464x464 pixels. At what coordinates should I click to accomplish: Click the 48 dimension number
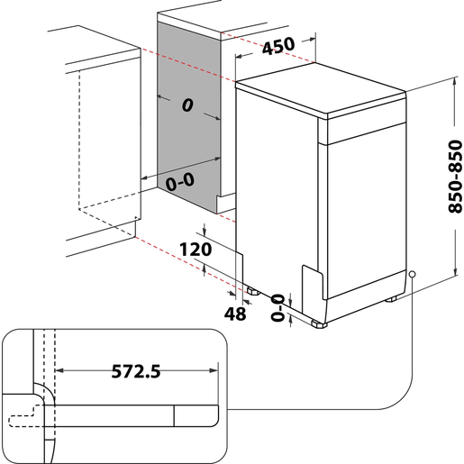[235, 313]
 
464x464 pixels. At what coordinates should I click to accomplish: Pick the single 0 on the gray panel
[187, 105]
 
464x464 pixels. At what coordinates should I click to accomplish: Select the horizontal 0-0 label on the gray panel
[180, 181]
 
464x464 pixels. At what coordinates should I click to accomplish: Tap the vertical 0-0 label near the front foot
[277, 307]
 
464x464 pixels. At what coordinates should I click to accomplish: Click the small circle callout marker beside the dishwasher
[412, 274]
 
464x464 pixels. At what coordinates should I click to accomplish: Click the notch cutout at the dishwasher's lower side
[309, 279]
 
